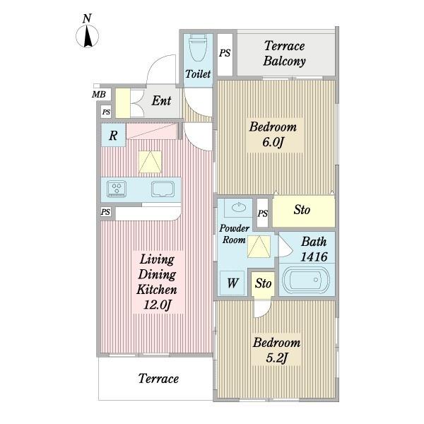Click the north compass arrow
88,36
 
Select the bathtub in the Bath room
305,279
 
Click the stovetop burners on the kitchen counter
117,189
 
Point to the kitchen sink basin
163,189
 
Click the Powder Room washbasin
239,207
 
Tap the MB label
98,95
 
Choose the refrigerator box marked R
113,135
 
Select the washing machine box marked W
232,283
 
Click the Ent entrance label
161,100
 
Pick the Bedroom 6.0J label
273,134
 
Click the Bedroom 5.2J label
276,351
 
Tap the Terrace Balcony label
285,53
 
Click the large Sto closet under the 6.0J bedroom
304,211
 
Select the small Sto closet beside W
263,284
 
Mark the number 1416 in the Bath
314,257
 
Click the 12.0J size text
158,305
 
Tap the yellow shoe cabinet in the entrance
123,103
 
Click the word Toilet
198,73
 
